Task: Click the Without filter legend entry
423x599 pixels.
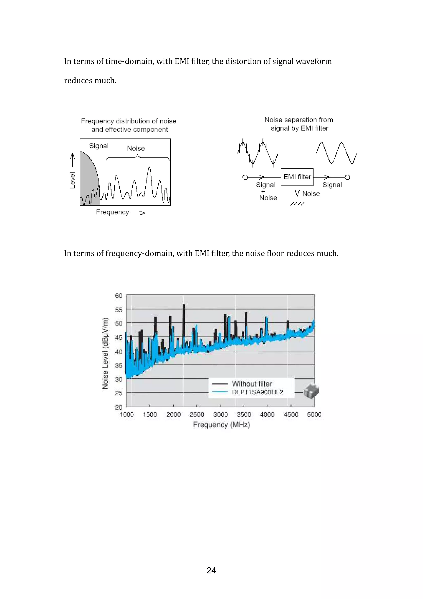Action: [252, 384]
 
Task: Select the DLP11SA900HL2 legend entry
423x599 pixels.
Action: [257, 392]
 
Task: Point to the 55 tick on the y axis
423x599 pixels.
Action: [119, 310]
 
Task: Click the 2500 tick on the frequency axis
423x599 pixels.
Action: [197, 415]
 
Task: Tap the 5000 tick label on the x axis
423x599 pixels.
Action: [314, 415]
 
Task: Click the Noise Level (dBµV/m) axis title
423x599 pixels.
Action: [105, 353]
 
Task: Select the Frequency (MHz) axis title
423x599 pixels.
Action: [222, 425]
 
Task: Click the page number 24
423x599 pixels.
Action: [211, 570]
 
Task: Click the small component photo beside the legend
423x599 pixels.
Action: [311, 391]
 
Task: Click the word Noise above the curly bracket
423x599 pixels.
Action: [136, 148]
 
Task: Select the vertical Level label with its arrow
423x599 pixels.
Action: [72, 171]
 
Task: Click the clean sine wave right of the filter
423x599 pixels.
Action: [336, 153]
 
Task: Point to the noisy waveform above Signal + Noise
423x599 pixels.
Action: [258, 153]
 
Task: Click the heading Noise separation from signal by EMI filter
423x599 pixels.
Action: [299, 124]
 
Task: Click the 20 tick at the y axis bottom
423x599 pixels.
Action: [119, 407]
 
